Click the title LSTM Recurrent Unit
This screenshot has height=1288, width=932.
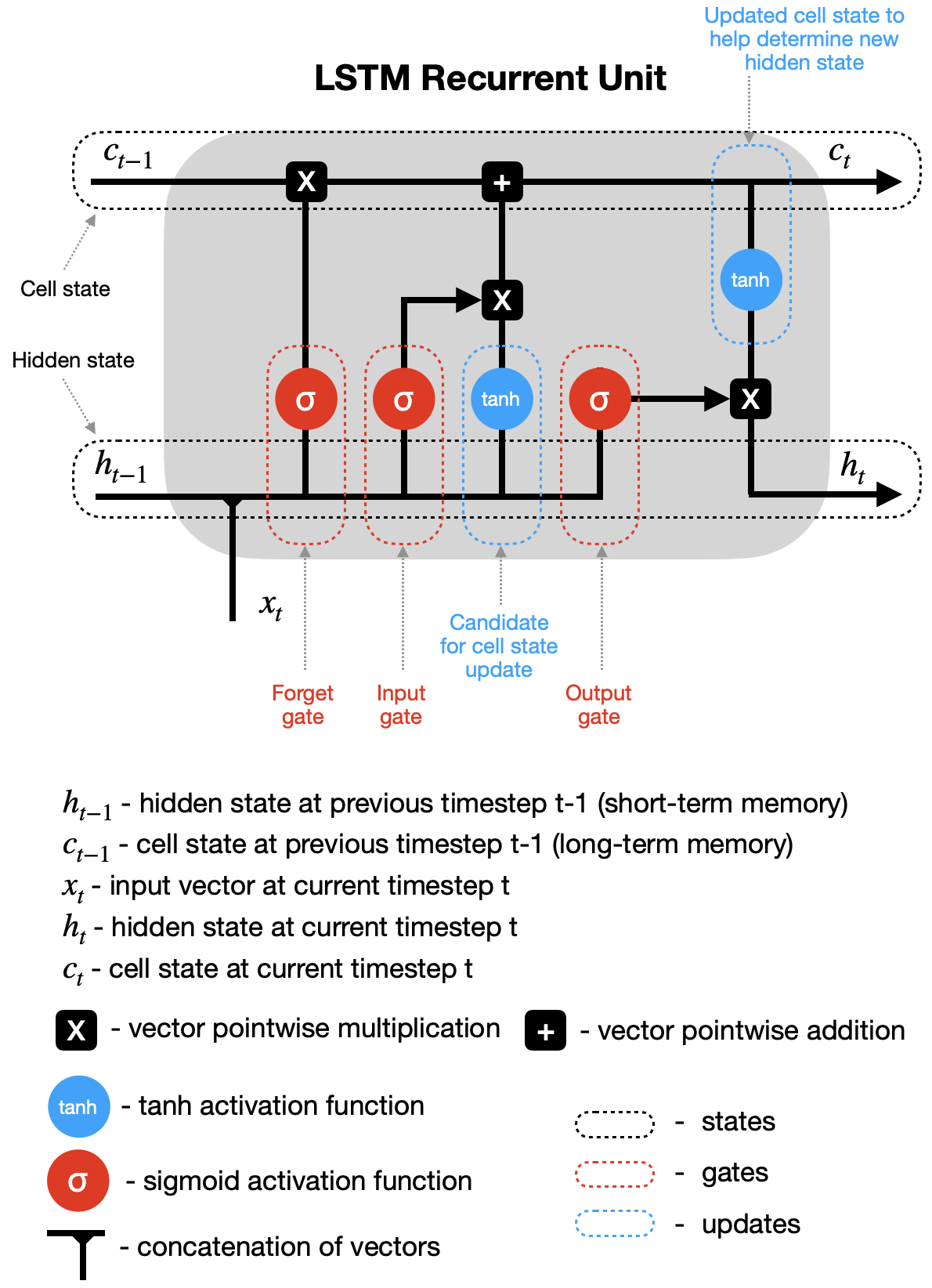pos(489,78)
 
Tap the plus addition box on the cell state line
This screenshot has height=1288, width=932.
pos(502,182)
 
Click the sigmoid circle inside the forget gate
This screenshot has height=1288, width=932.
pos(305,400)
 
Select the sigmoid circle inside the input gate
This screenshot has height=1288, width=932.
pos(403,400)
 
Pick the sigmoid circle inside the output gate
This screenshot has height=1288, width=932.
pos(599,400)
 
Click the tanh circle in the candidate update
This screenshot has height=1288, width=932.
pos(501,399)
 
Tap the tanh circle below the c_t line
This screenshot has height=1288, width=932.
pos(750,280)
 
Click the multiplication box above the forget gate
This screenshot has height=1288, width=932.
pos(306,182)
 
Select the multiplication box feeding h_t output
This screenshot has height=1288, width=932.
pos(750,399)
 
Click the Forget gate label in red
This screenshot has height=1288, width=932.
pos(302,704)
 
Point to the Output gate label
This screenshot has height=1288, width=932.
pos(598,704)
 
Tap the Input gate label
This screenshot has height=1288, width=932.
pos(401,704)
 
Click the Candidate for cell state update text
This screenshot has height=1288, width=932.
pos(499,646)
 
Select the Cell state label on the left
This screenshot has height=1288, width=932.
pos(65,289)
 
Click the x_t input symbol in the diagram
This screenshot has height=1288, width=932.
pos(270,605)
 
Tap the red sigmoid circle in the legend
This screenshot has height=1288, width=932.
pos(78,1181)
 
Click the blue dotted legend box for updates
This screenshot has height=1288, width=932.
pos(615,1223)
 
